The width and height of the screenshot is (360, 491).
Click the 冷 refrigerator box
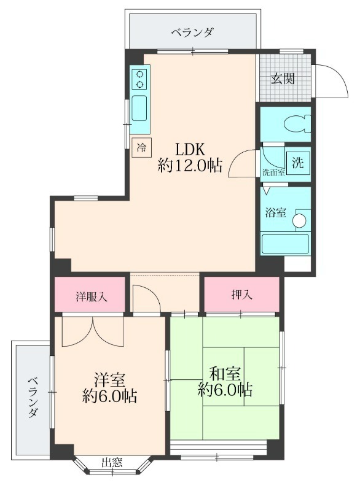pyautogui.click(x=141, y=147)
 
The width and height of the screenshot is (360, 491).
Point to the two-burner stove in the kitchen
pyautogui.click(x=140, y=79)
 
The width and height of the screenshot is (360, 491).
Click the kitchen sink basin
pyautogui.click(x=140, y=108)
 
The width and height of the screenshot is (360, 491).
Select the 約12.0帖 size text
pyautogui.click(x=190, y=165)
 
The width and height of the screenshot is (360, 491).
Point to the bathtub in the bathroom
pyautogui.click(x=284, y=243)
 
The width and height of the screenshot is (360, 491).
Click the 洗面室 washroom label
pyautogui.click(x=273, y=172)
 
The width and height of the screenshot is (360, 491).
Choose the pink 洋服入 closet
pyautogui.click(x=92, y=296)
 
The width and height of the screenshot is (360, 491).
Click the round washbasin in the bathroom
pyautogui.click(x=300, y=220)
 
